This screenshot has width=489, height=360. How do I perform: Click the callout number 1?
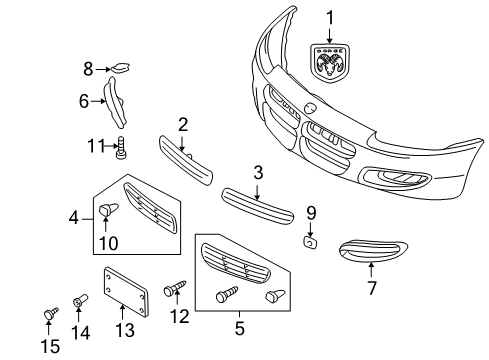[x=330, y=18]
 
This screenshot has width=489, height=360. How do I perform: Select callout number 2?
[x=183, y=124]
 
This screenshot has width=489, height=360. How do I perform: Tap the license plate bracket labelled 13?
[x=124, y=290]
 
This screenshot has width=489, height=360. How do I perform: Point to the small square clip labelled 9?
[x=310, y=241]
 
